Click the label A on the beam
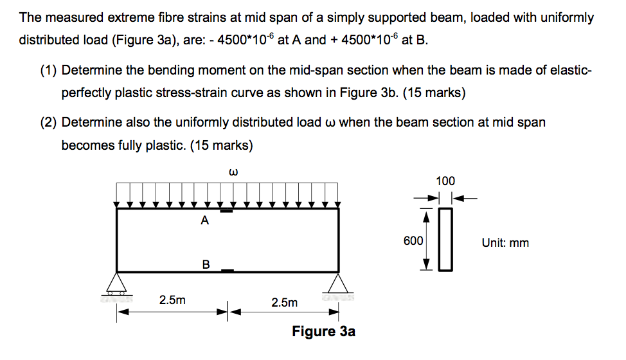204,221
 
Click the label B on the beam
206,264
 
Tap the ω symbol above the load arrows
234,172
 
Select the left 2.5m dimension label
172,300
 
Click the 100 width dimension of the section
445,181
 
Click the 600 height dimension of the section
413,241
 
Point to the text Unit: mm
505,243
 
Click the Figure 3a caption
323,332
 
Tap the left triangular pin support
116,283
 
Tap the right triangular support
338,283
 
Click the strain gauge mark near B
227,271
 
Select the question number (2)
48,122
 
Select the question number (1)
48,70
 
